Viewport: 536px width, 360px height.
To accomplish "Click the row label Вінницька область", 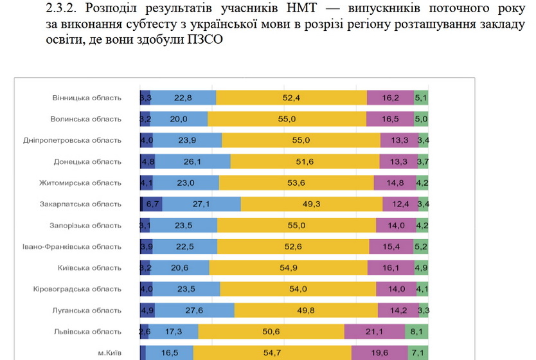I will (x=87, y=98).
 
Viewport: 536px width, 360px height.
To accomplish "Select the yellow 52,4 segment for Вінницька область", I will (x=291, y=98).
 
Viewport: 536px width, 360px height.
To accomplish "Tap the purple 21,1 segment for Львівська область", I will (x=374, y=332).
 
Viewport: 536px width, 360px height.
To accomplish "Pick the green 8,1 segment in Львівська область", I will (x=416, y=332).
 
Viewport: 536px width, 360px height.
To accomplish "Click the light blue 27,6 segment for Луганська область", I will (x=195, y=310).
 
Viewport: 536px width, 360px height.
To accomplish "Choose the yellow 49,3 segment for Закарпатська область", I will (x=311, y=204).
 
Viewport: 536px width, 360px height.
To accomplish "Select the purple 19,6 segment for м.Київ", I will (x=379, y=353).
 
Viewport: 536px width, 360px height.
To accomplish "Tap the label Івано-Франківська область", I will (x=80, y=247).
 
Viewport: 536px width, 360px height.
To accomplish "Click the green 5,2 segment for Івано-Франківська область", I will (x=421, y=247).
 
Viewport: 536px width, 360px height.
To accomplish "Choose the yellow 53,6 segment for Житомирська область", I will (x=296, y=183).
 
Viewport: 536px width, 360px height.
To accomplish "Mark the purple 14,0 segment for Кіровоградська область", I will (x=395, y=289).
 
